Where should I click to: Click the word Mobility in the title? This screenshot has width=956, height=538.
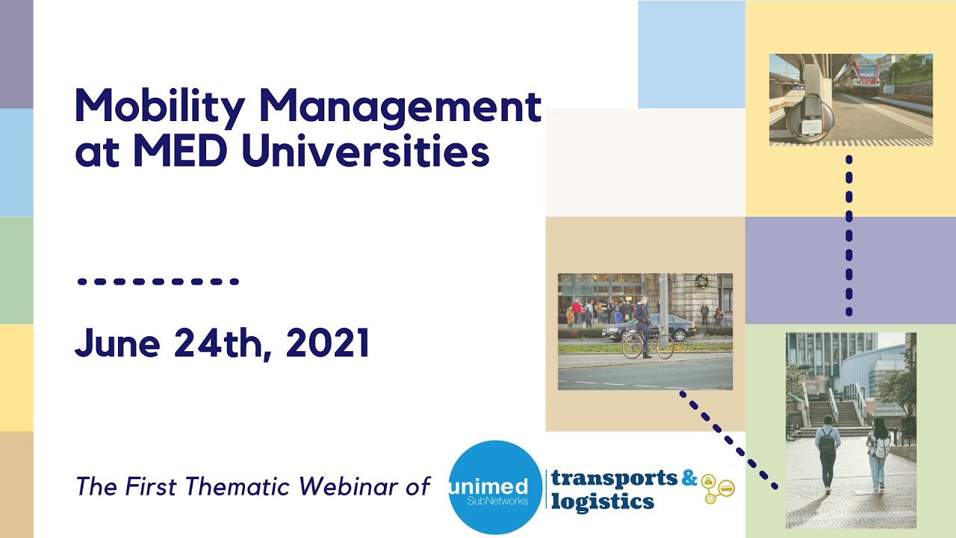tap(159, 107)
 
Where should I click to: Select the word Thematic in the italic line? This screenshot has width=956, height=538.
tap(238, 487)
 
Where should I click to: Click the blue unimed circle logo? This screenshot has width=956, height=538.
tap(496, 486)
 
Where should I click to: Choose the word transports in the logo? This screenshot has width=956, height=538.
tap(614, 477)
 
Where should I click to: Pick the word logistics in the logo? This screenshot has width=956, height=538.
tap(603, 500)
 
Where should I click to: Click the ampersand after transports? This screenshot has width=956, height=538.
tap(689, 477)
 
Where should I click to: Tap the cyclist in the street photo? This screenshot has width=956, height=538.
tap(642, 329)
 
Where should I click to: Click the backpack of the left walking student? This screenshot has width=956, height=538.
tap(827, 442)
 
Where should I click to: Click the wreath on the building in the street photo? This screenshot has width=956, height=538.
tap(701, 281)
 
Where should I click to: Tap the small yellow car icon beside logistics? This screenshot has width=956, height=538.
tap(727, 488)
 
